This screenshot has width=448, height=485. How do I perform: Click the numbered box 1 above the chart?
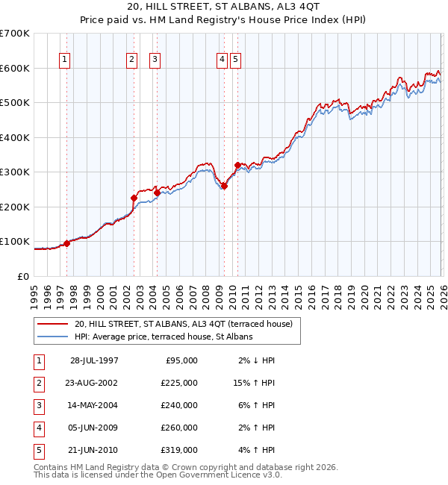tap(65, 60)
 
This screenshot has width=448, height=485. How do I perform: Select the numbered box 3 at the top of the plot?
tap(155, 60)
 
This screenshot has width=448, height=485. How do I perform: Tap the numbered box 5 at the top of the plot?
tap(236, 60)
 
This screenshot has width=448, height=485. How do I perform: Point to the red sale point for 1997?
tap(67, 243)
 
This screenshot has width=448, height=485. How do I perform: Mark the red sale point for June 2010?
tap(237, 166)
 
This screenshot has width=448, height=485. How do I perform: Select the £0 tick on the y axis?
tap(24, 276)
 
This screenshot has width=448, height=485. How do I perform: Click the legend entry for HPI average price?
tap(164, 337)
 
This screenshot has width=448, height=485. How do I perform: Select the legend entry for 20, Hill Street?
tap(187, 324)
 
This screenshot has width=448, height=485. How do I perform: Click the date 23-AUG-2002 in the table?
tap(93, 382)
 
